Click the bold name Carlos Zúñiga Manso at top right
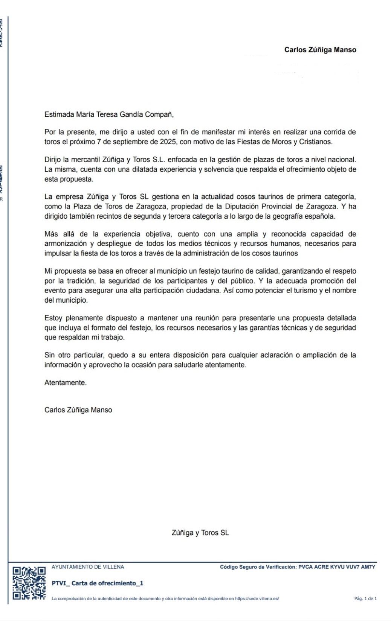pyautogui.click(x=320, y=50)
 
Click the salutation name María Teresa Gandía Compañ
pyautogui.click(x=124, y=114)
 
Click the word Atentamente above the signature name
pyautogui.click(x=65, y=383)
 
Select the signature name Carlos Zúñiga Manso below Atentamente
pyautogui.click(x=78, y=410)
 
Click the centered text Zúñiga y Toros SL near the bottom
pyautogui.click(x=200, y=533)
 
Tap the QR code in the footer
pyautogui.click(x=29, y=583)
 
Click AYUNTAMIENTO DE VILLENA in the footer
pyautogui.click(x=88, y=567)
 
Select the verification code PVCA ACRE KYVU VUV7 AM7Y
pyautogui.click(x=337, y=567)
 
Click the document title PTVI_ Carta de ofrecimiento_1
pyautogui.click(x=97, y=583)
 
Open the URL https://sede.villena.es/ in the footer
pyautogui.click(x=257, y=598)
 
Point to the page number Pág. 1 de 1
pyautogui.click(x=365, y=598)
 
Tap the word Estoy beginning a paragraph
pyautogui.click(x=53, y=318)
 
